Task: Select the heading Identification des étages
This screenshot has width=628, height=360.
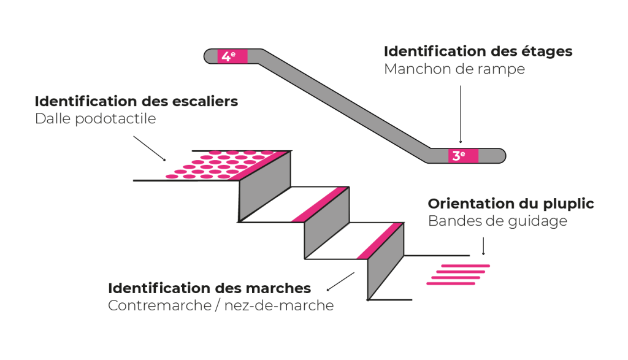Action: tap(478, 52)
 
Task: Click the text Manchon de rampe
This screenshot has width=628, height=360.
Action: tap(454, 69)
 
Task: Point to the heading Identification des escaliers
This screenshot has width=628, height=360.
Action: tap(136, 101)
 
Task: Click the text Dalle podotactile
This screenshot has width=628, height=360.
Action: tap(96, 118)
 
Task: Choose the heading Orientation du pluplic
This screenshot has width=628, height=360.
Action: tap(511, 204)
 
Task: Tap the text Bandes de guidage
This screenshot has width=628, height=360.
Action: tap(497, 221)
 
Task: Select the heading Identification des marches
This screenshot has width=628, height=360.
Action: tap(209, 288)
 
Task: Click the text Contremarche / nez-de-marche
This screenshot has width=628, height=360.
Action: tap(221, 305)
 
